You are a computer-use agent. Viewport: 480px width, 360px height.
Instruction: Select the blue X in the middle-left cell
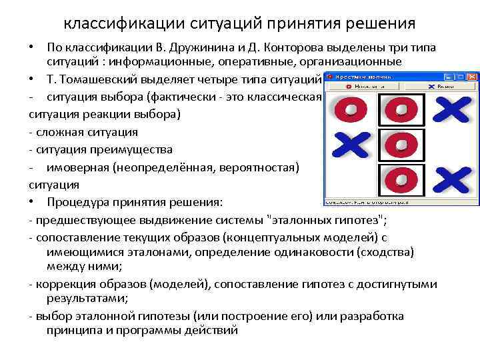click(351, 144)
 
